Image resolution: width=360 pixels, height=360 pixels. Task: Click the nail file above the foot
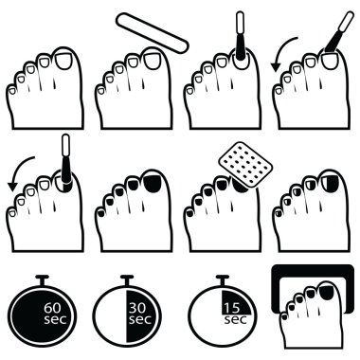click(x=153, y=32)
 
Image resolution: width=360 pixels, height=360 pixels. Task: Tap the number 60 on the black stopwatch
click(x=55, y=308)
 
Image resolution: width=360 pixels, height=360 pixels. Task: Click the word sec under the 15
click(x=235, y=320)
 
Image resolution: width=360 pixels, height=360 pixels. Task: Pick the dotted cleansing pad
click(x=245, y=164)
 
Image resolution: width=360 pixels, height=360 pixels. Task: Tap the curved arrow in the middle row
click(x=20, y=173)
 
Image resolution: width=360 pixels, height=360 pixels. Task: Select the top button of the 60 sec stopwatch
click(x=42, y=279)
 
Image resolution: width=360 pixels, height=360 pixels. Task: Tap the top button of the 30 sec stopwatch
click(x=127, y=279)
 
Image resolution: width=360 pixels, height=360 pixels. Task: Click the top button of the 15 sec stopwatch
click(x=223, y=279)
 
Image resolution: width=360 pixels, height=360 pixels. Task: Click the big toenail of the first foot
click(x=63, y=61)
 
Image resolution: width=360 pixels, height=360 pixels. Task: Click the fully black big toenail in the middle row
click(x=153, y=184)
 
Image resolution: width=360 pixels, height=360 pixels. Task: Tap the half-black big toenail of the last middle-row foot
click(x=330, y=184)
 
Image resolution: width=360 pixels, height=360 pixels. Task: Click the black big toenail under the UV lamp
click(x=329, y=292)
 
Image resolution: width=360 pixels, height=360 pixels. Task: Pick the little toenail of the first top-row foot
click(x=12, y=91)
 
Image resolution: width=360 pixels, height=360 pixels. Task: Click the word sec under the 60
click(x=55, y=319)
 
